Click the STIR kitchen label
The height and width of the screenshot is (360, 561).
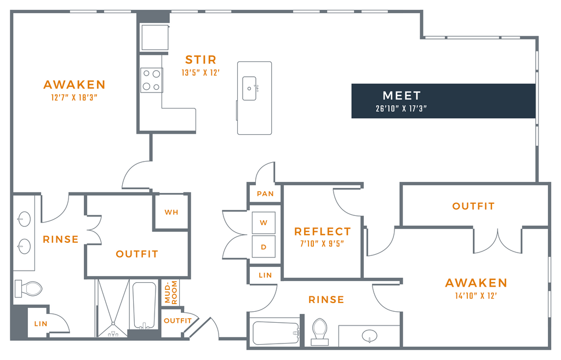(x=201, y=59)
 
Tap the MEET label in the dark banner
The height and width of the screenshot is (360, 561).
(x=402, y=95)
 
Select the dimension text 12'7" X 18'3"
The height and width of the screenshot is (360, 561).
(x=75, y=98)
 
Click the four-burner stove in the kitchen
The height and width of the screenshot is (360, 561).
(x=152, y=80)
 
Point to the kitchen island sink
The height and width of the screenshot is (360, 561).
(x=249, y=88)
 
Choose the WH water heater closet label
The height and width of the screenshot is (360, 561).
(x=171, y=212)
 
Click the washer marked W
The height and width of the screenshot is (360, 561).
(x=264, y=222)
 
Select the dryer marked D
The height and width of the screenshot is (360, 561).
(x=264, y=247)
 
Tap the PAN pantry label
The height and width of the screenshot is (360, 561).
(x=265, y=193)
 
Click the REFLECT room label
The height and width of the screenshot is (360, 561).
(x=322, y=232)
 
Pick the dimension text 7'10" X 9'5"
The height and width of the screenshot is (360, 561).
(x=322, y=244)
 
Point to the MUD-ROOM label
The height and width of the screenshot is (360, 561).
(x=171, y=293)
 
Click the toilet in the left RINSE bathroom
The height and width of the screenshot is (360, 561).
(x=28, y=289)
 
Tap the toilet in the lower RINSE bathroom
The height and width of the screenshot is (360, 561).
(x=320, y=332)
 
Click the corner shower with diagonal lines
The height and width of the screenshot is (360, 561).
(x=113, y=308)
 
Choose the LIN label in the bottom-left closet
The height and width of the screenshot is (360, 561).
(x=41, y=324)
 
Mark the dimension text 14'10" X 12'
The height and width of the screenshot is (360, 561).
(x=476, y=296)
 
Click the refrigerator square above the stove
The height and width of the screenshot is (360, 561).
(x=154, y=37)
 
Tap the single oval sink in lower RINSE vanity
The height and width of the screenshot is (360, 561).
(x=369, y=336)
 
